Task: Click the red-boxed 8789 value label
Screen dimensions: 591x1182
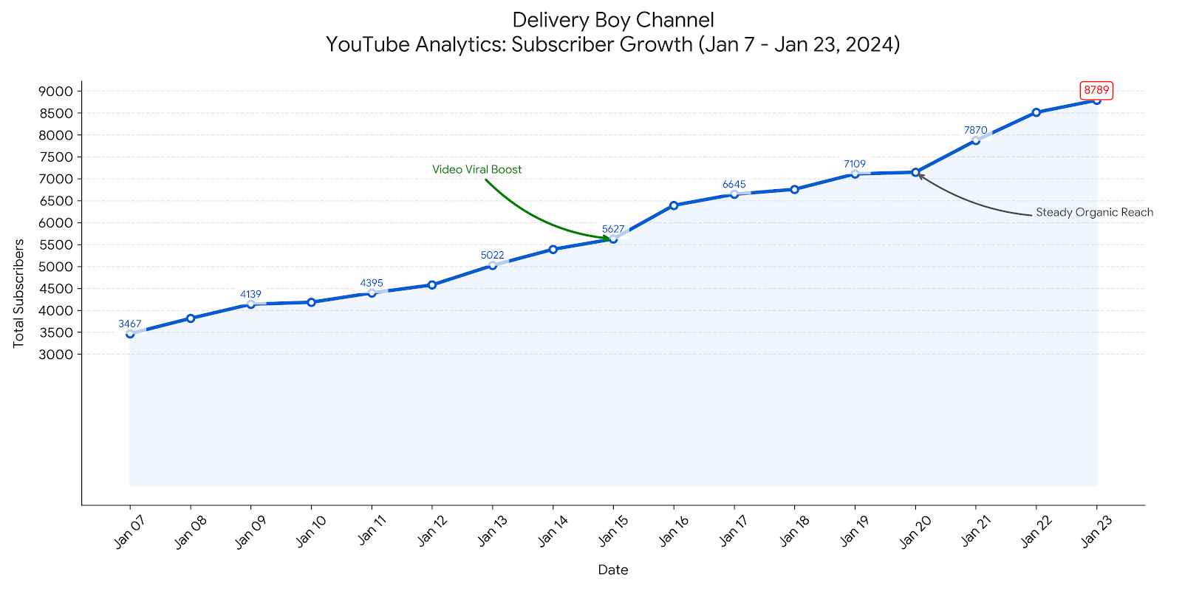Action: tap(1096, 91)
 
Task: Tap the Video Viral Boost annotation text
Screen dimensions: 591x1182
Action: tap(476, 170)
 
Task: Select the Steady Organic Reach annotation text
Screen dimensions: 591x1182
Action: tap(1094, 213)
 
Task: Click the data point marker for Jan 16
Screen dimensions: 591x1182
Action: tap(674, 205)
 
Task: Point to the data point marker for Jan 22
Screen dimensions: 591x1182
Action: tap(1036, 112)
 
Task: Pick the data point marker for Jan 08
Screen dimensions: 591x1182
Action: tap(191, 318)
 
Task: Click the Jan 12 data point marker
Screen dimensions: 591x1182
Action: tap(432, 285)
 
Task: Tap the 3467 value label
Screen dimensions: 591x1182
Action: tap(130, 324)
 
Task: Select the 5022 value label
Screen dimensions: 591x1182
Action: tap(492, 256)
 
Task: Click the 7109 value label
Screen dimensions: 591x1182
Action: tap(855, 164)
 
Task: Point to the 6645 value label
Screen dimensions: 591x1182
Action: tap(734, 184)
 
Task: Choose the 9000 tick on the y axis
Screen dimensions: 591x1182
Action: tap(56, 92)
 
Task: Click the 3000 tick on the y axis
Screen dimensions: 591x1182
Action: tap(56, 355)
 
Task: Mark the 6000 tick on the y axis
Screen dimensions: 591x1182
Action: tap(56, 223)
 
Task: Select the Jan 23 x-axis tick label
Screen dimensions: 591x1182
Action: tap(1094, 532)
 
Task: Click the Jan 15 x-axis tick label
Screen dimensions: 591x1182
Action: tap(611, 532)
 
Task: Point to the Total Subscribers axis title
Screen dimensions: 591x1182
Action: tap(19, 293)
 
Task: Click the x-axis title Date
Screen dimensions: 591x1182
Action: tap(613, 570)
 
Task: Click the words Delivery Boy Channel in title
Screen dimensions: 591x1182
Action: tap(613, 20)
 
